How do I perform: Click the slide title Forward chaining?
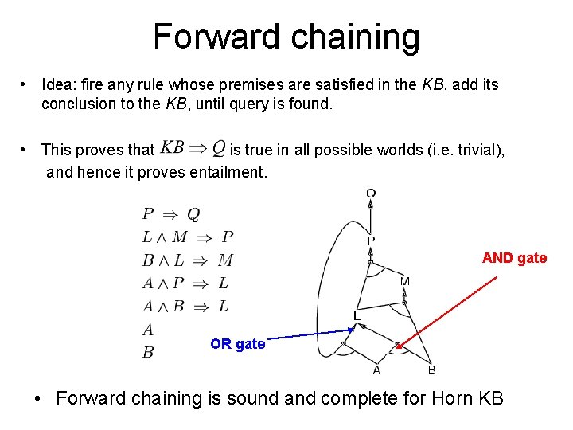pos(286,37)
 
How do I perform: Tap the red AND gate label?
pos(514,257)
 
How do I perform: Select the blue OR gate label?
pos(237,344)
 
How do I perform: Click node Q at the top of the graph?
pos(371,193)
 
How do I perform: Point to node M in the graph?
pos(405,282)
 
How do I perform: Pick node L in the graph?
pos(357,316)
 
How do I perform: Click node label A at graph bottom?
pos(376,370)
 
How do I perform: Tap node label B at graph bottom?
pos(431,370)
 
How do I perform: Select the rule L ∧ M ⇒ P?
pos(187,236)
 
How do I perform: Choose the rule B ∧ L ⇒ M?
pos(187,260)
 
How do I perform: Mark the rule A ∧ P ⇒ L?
pos(185,283)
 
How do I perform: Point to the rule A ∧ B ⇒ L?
pos(185,306)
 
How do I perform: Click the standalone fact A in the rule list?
pos(148,329)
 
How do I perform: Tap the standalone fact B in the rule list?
pos(148,352)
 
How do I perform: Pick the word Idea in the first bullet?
pos(57,84)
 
